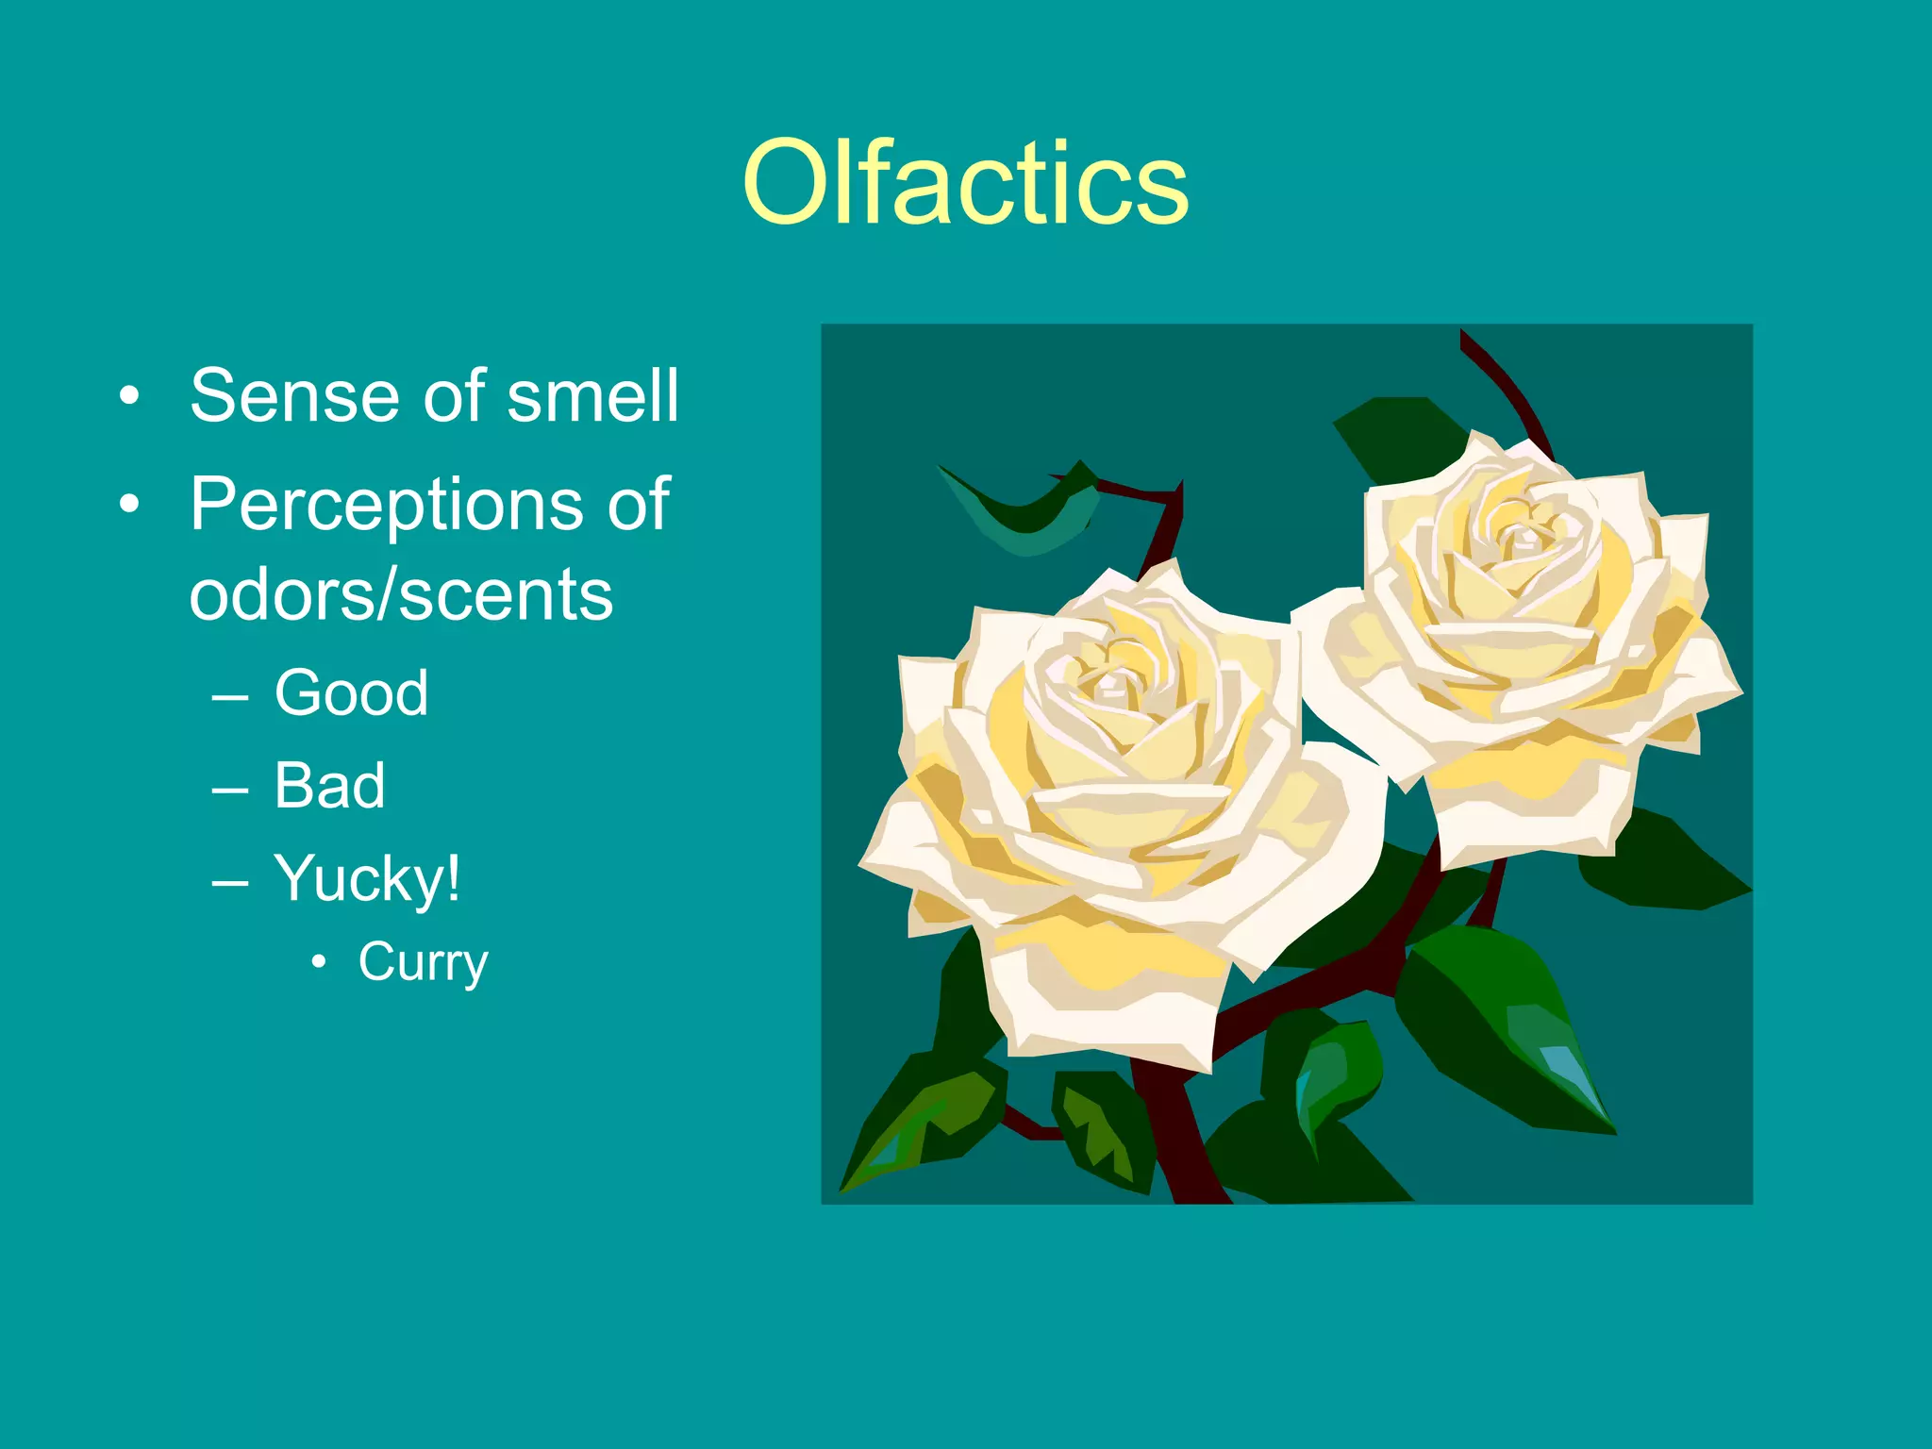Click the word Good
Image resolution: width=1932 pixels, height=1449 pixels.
351,692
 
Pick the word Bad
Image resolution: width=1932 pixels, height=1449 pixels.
329,785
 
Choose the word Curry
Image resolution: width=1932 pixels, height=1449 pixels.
423,962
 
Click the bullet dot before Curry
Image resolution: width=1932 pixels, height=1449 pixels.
320,962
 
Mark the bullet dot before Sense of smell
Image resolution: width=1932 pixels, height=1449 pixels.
129,396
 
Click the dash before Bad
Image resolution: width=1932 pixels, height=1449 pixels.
230,787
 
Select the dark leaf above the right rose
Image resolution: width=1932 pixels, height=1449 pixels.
1396,434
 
